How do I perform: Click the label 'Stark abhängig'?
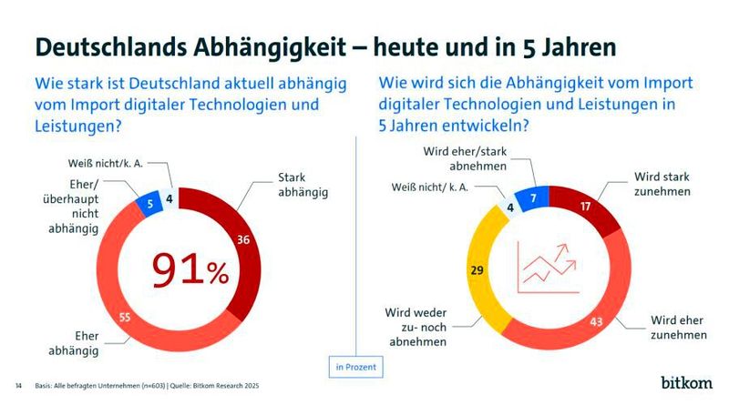coord(303,187)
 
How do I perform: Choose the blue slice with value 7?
coord(533,197)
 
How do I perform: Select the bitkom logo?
coord(687,380)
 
